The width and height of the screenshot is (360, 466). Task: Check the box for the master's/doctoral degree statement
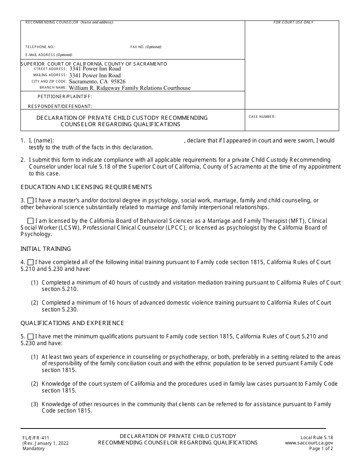[x=31, y=200]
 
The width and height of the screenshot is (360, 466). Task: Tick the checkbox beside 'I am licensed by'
[x=31, y=221]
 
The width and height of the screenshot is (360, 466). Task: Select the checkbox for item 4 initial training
[x=31, y=262]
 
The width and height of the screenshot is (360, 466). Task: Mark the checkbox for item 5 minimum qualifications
[x=31, y=336]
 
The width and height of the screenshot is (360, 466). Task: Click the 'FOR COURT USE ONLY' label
[x=293, y=23]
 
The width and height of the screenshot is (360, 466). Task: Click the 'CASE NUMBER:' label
[x=262, y=117]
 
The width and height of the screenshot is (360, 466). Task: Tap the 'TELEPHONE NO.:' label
[x=40, y=47]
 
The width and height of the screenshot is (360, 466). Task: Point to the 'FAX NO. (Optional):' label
[x=146, y=47]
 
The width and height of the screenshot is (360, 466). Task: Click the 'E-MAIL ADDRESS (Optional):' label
[x=49, y=55]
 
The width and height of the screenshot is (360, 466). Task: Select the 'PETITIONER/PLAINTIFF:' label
[x=65, y=97]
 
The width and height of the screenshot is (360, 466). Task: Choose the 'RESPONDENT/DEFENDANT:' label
[x=60, y=106]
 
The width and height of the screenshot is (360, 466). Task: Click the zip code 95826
[x=118, y=81]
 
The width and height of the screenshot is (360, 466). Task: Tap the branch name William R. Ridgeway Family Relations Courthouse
[x=130, y=88]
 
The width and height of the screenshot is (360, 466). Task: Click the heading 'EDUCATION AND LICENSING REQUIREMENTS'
[x=86, y=187]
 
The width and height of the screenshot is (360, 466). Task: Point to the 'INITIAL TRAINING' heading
[x=45, y=249]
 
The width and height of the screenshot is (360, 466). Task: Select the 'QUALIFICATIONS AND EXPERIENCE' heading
[x=72, y=323]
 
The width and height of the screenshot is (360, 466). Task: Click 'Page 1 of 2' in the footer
[x=321, y=449]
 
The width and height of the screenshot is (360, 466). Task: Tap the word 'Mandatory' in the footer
[x=33, y=449]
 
